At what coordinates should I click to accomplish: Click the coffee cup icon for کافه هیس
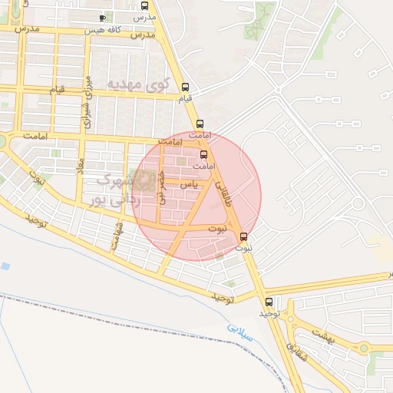[103, 17]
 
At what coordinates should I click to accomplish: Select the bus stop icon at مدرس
[153, 5]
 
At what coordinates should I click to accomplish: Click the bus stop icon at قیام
[184, 87]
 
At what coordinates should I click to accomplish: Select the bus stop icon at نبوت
[244, 236]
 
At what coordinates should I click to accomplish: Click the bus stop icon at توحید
[269, 302]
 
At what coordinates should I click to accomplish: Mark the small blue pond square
[5, 266]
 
